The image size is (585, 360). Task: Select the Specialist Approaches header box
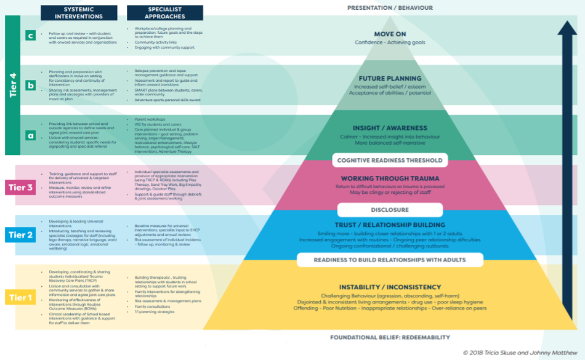click(x=164, y=12)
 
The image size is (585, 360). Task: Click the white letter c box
click(x=30, y=36)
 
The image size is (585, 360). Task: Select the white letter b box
click(x=30, y=86)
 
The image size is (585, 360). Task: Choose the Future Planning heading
click(x=390, y=78)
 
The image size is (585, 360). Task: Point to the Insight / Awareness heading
click(x=390, y=128)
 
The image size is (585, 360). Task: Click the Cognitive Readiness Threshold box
click(x=390, y=160)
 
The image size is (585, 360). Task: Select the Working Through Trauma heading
click(x=390, y=178)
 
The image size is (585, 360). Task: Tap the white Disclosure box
click(x=390, y=210)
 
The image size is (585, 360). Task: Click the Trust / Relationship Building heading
click(x=390, y=225)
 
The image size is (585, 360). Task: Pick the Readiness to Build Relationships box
click(x=390, y=260)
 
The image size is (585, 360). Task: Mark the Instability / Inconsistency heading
click(x=390, y=287)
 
